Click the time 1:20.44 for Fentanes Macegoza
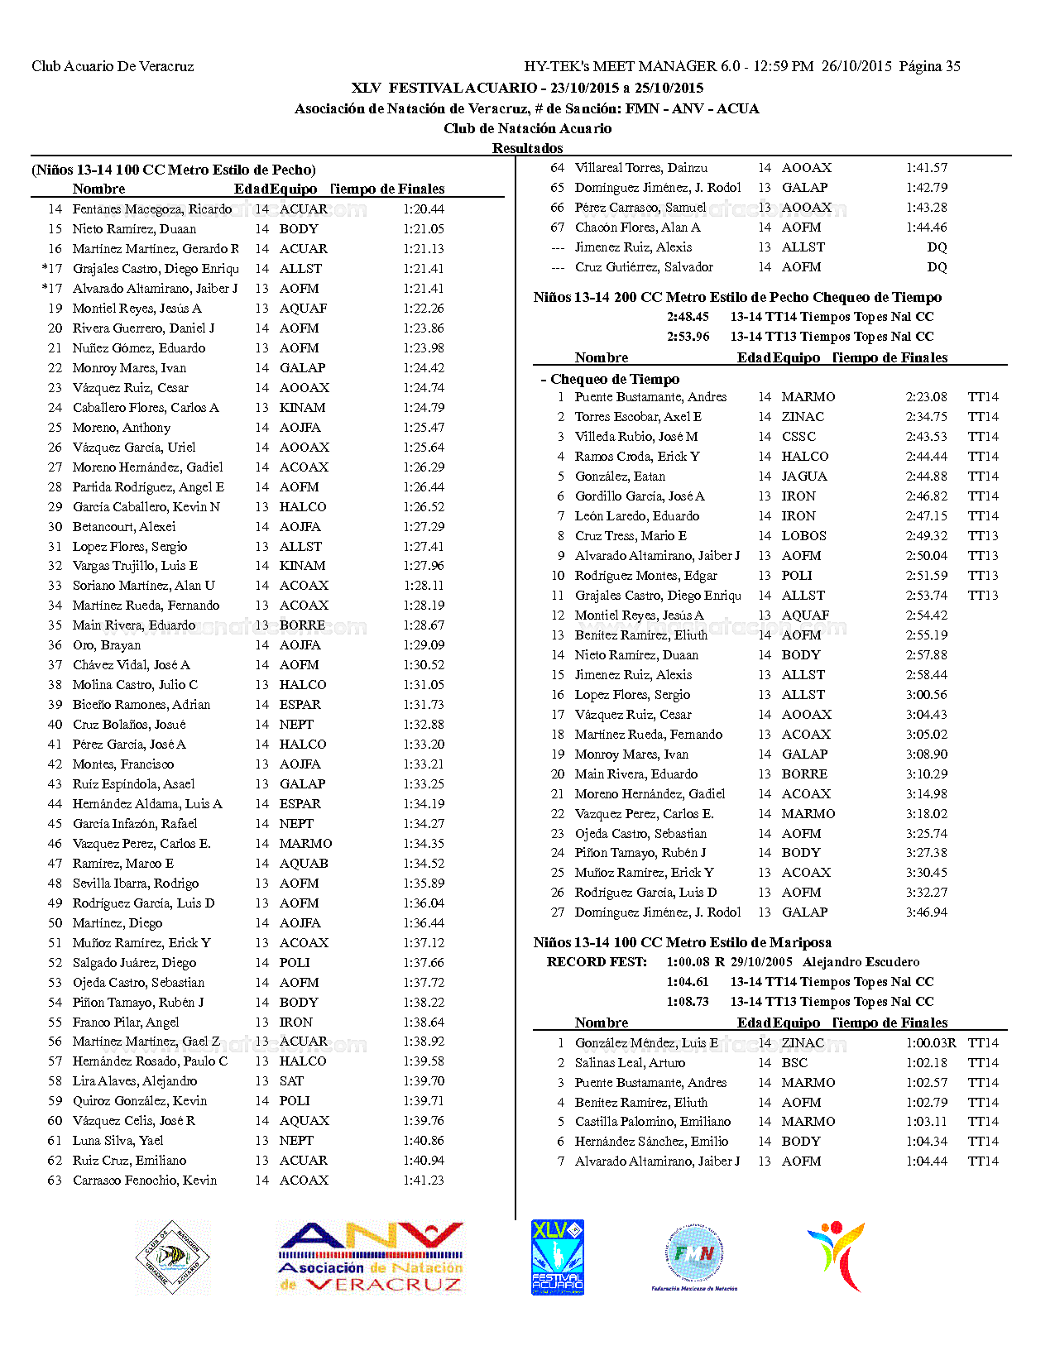coord(424,209)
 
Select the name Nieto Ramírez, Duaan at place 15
coord(134,229)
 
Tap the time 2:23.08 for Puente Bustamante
coord(926,397)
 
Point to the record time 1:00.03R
coord(930,1043)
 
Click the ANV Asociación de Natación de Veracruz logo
coord(371,1257)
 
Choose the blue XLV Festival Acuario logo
coord(558,1257)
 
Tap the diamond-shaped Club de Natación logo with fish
coord(172,1257)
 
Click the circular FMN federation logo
coord(694,1256)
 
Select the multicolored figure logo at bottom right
coord(837,1256)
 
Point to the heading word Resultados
coord(527,148)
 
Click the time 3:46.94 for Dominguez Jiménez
coord(926,912)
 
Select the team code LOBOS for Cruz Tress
coord(803,536)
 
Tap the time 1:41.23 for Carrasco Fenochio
coord(424,1181)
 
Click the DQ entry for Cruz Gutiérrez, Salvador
coord(937,267)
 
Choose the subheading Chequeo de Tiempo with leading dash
coord(610,379)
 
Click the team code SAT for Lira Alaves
coord(291,1081)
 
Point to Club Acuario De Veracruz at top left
coord(113,66)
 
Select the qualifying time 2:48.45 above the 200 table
coord(688,317)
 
